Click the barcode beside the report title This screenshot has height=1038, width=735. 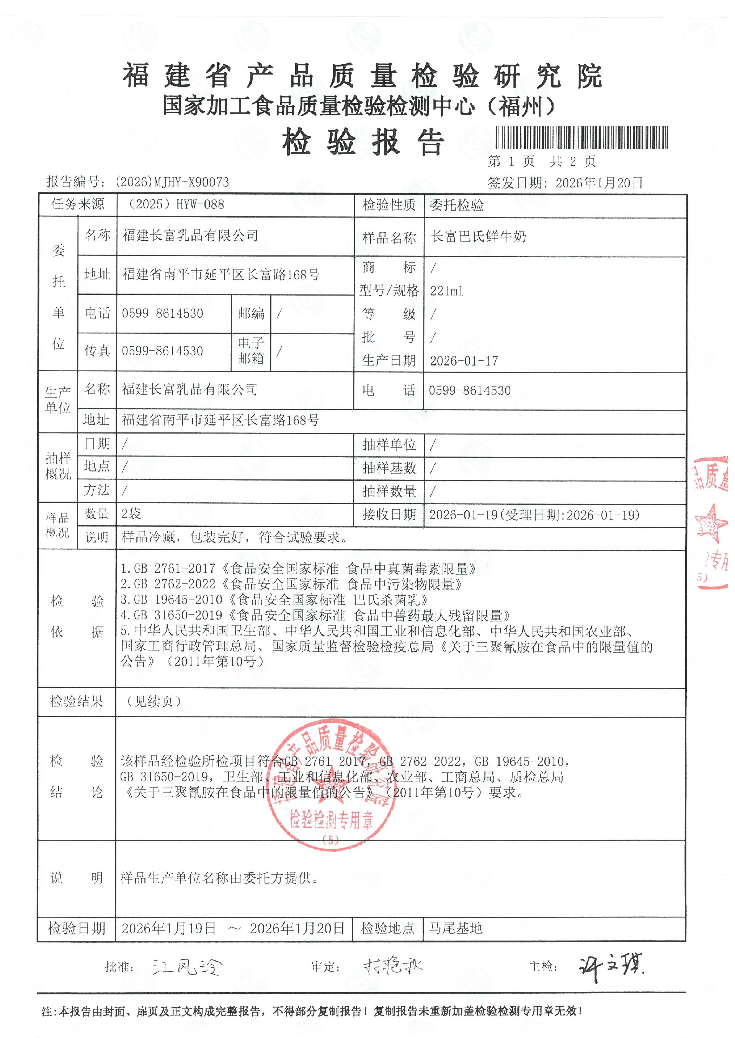(x=581, y=137)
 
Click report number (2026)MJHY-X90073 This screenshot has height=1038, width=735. (x=171, y=182)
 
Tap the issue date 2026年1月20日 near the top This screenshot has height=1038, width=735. (x=599, y=183)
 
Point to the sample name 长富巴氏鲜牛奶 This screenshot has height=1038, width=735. (x=479, y=236)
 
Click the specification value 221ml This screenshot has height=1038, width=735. (x=447, y=291)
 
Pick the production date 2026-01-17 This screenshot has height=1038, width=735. (x=464, y=361)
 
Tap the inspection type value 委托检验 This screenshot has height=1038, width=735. (x=457, y=205)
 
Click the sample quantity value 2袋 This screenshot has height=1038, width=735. (x=131, y=513)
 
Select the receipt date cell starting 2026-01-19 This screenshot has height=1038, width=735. (x=534, y=515)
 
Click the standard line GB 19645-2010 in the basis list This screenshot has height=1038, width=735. (x=274, y=600)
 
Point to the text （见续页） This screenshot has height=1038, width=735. (x=154, y=701)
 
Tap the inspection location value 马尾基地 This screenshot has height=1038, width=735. (x=456, y=929)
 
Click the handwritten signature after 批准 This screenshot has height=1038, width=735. (x=186, y=967)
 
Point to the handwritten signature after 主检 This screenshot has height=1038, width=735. (x=611, y=967)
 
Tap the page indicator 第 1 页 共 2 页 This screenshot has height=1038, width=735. (x=542, y=161)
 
